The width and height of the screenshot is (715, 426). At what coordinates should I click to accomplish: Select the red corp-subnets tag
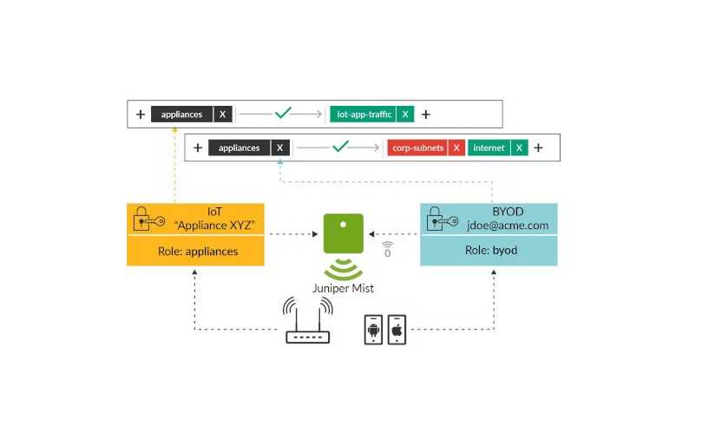coord(417,148)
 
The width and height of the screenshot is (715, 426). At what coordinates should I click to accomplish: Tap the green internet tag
coord(489,148)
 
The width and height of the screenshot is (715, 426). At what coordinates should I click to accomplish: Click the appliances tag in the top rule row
coord(181,114)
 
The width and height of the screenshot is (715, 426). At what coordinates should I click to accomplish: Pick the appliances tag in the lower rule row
coord(239,148)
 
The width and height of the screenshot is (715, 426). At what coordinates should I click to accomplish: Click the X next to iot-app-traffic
coord(405,114)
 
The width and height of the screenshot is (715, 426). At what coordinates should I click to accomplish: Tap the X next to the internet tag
coord(519,148)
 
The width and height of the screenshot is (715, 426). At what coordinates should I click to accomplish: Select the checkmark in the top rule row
coord(283,113)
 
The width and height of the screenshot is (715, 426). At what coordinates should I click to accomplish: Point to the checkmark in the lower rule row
coord(339,147)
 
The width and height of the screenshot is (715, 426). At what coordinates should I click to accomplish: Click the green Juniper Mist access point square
coord(343,233)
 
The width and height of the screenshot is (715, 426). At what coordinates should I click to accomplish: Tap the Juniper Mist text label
coord(343,288)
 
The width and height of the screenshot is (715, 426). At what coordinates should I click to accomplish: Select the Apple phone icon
coord(397,330)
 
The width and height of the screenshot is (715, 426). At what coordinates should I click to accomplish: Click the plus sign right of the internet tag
coord(539,148)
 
